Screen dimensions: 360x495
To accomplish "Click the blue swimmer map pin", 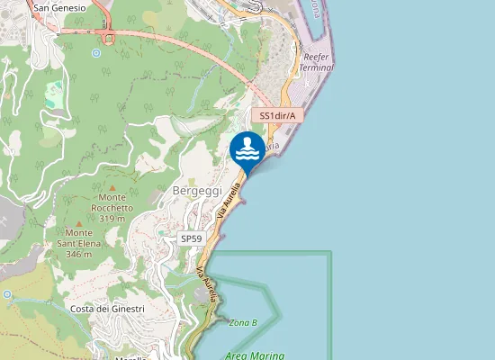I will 247,150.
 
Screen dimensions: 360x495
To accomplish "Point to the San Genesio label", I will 59,8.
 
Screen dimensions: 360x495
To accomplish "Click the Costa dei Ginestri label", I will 107,309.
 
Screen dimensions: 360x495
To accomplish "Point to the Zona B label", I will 243,323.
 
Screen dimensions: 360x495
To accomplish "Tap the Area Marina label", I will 254,355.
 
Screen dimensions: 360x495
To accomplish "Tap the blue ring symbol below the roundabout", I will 95,53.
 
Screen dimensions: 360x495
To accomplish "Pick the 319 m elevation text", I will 112,219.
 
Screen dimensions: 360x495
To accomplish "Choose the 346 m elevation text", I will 79,255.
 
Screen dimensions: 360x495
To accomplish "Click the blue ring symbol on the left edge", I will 7,294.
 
